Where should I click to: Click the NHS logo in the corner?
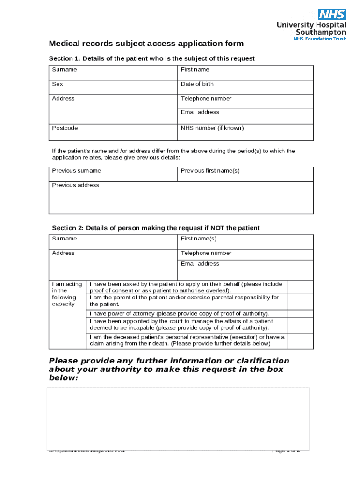pos(331,14)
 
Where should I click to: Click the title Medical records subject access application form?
pos(146,44)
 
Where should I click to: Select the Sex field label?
pos(58,84)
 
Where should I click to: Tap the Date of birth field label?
pos(197,84)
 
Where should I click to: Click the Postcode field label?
pos(65,128)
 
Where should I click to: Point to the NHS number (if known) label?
pos(212,128)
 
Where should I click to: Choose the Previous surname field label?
pos(76,171)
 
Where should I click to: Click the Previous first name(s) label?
pos(210,171)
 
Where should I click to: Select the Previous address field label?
pos(75,185)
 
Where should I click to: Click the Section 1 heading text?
pos(152,58)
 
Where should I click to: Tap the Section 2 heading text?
pos(156,228)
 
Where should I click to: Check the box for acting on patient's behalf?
pos(300,287)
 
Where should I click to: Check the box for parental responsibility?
pos(300,301)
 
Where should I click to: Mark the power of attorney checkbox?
pos(300,313)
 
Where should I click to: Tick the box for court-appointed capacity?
pos(300,325)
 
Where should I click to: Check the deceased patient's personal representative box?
pos(300,341)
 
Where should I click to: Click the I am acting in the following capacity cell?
pos(68,294)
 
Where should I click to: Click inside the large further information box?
pos(178,419)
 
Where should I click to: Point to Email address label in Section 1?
pos(200,112)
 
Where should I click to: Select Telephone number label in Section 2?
pos(206,253)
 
